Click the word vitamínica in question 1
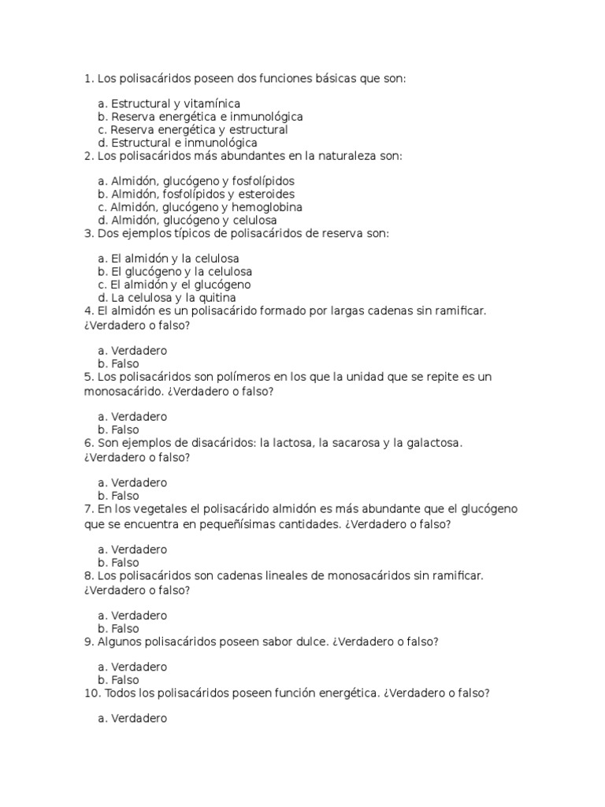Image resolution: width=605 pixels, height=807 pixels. pos(213,103)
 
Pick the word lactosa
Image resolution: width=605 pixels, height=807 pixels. pos(288,443)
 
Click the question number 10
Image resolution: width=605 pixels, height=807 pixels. pos(90,694)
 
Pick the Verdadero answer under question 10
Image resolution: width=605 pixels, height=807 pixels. pos(139,719)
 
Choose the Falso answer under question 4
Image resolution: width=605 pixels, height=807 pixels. pos(124,364)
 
